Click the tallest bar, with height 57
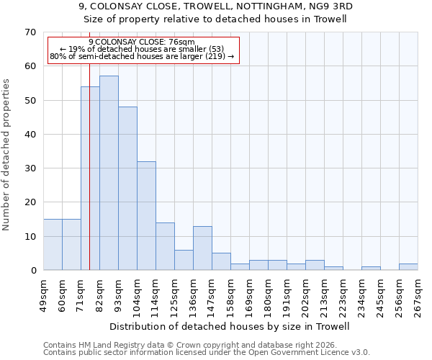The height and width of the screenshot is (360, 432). pos(109,173)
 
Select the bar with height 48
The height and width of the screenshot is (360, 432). pos(127,188)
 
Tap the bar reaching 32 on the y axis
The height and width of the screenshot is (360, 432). pos(146,215)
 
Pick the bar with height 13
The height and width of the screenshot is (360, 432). pos(202,248)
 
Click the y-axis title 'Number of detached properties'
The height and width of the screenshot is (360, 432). pos(6,155)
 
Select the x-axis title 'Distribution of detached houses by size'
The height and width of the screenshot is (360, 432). pos(230,326)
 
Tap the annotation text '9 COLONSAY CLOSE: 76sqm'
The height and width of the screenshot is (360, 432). pos(142,42)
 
